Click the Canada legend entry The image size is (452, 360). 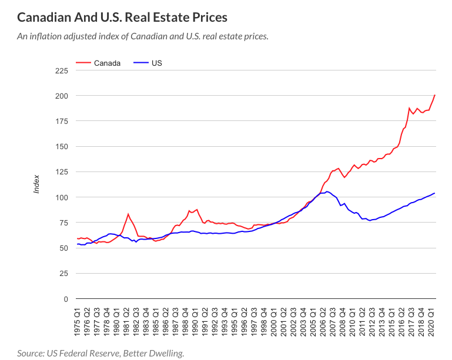tap(107, 63)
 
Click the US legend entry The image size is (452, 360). tap(157, 63)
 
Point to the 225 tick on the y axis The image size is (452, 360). tap(62, 70)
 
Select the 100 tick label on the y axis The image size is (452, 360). tap(62, 197)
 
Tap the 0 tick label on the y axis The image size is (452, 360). tap(65, 299)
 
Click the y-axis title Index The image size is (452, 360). tap(36, 184)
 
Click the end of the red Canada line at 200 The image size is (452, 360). tap(435, 95)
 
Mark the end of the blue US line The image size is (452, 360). tap(435, 193)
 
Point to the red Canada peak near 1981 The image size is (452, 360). tap(128, 214)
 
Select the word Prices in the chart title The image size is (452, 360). tap(209, 17)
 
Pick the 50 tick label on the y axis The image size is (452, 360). tap(63, 248)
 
